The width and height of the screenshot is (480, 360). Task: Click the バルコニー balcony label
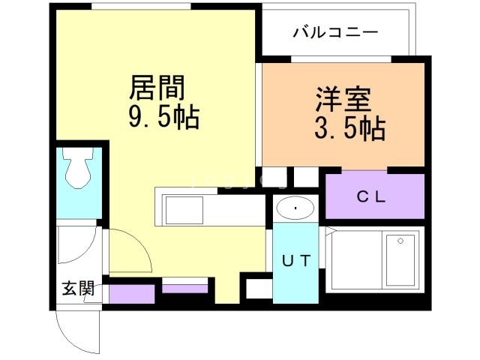(335, 33)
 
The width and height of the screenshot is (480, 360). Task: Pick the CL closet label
(370, 198)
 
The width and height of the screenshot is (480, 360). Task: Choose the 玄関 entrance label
(77, 288)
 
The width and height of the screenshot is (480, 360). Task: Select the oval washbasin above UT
(297, 208)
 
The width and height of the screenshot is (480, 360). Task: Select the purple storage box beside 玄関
(131, 292)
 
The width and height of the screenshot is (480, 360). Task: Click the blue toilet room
(78, 184)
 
